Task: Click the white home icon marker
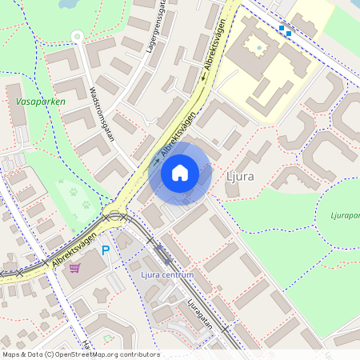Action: point(180,172)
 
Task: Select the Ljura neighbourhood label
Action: point(241,174)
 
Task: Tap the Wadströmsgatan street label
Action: point(105,113)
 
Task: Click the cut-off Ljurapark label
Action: point(345,215)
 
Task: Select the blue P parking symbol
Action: point(105,251)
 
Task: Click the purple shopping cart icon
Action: point(75,268)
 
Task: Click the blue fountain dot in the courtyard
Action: point(258,48)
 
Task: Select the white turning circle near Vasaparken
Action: point(77,36)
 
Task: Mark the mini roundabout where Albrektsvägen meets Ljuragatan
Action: point(114,214)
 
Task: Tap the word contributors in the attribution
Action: point(138,354)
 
